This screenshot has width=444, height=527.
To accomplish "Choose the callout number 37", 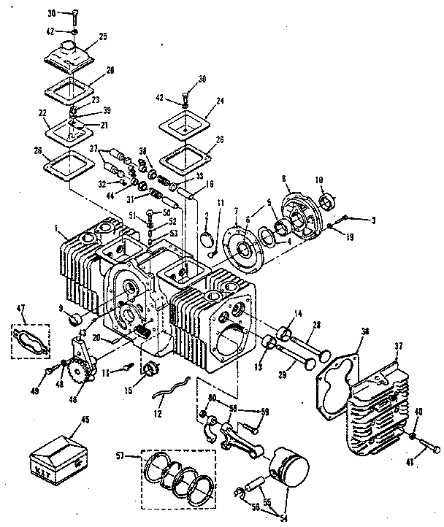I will (x=399, y=346).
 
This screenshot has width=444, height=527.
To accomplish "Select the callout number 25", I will (x=103, y=36).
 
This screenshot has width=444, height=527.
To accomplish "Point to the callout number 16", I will (x=210, y=185).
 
